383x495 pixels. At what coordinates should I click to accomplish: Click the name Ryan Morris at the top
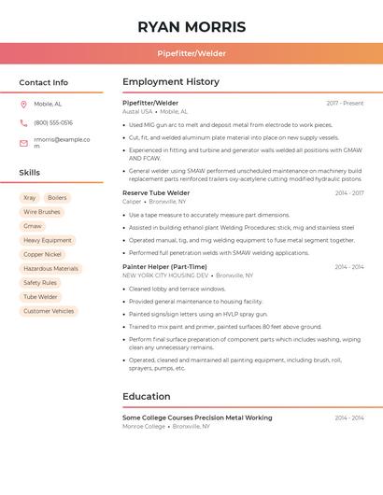click(x=191, y=27)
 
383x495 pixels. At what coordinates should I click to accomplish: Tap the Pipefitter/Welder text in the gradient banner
click(x=191, y=53)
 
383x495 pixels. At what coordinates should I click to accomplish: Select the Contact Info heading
click(x=44, y=82)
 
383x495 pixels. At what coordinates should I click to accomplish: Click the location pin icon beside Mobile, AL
click(x=23, y=105)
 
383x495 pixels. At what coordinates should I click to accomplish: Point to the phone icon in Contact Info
click(x=23, y=123)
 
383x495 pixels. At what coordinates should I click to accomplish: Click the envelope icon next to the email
click(x=23, y=143)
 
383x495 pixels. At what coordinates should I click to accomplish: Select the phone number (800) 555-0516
click(x=53, y=123)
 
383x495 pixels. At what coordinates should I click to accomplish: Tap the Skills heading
click(x=30, y=173)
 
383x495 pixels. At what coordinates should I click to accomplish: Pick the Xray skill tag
click(x=30, y=198)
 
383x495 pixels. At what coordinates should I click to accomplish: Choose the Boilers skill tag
click(x=57, y=198)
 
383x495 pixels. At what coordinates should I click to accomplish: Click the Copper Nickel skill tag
click(x=42, y=254)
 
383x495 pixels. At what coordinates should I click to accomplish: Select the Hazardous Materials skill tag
click(x=50, y=268)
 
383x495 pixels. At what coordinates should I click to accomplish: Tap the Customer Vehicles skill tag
click(x=49, y=311)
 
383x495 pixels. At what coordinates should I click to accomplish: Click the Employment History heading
click(x=171, y=82)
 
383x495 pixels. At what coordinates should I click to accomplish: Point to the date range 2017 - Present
click(x=345, y=104)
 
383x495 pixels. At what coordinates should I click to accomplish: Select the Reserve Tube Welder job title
click(x=156, y=193)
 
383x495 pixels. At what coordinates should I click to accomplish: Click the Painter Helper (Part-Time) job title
click(x=164, y=267)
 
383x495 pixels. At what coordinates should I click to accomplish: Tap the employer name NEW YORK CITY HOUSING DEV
click(x=165, y=276)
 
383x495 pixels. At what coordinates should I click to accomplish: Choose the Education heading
click(x=146, y=397)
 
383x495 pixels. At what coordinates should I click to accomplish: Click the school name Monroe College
click(x=144, y=427)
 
